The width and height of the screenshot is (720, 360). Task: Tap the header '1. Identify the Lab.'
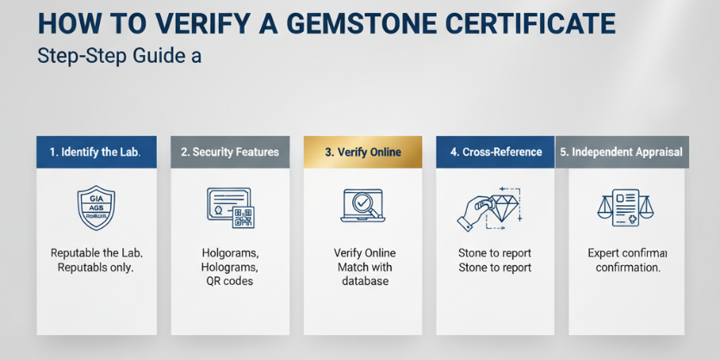click(x=96, y=152)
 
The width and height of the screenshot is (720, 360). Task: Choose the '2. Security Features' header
click(x=230, y=152)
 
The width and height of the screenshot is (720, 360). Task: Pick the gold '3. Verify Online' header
click(x=363, y=152)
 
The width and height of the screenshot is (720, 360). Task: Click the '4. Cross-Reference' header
click(x=495, y=152)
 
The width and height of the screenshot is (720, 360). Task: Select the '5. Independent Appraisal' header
click(x=620, y=152)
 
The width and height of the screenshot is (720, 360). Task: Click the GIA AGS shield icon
click(x=96, y=208)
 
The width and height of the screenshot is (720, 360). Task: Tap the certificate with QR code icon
click(x=230, y=208)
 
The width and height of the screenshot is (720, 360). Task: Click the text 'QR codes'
click(x=230, y=282)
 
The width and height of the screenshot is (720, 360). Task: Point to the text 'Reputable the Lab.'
click(x=96, y=253)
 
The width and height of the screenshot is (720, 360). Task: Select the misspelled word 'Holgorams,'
click(x=230, y=253)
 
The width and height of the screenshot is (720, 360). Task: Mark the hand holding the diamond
click(x=473, y=213)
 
